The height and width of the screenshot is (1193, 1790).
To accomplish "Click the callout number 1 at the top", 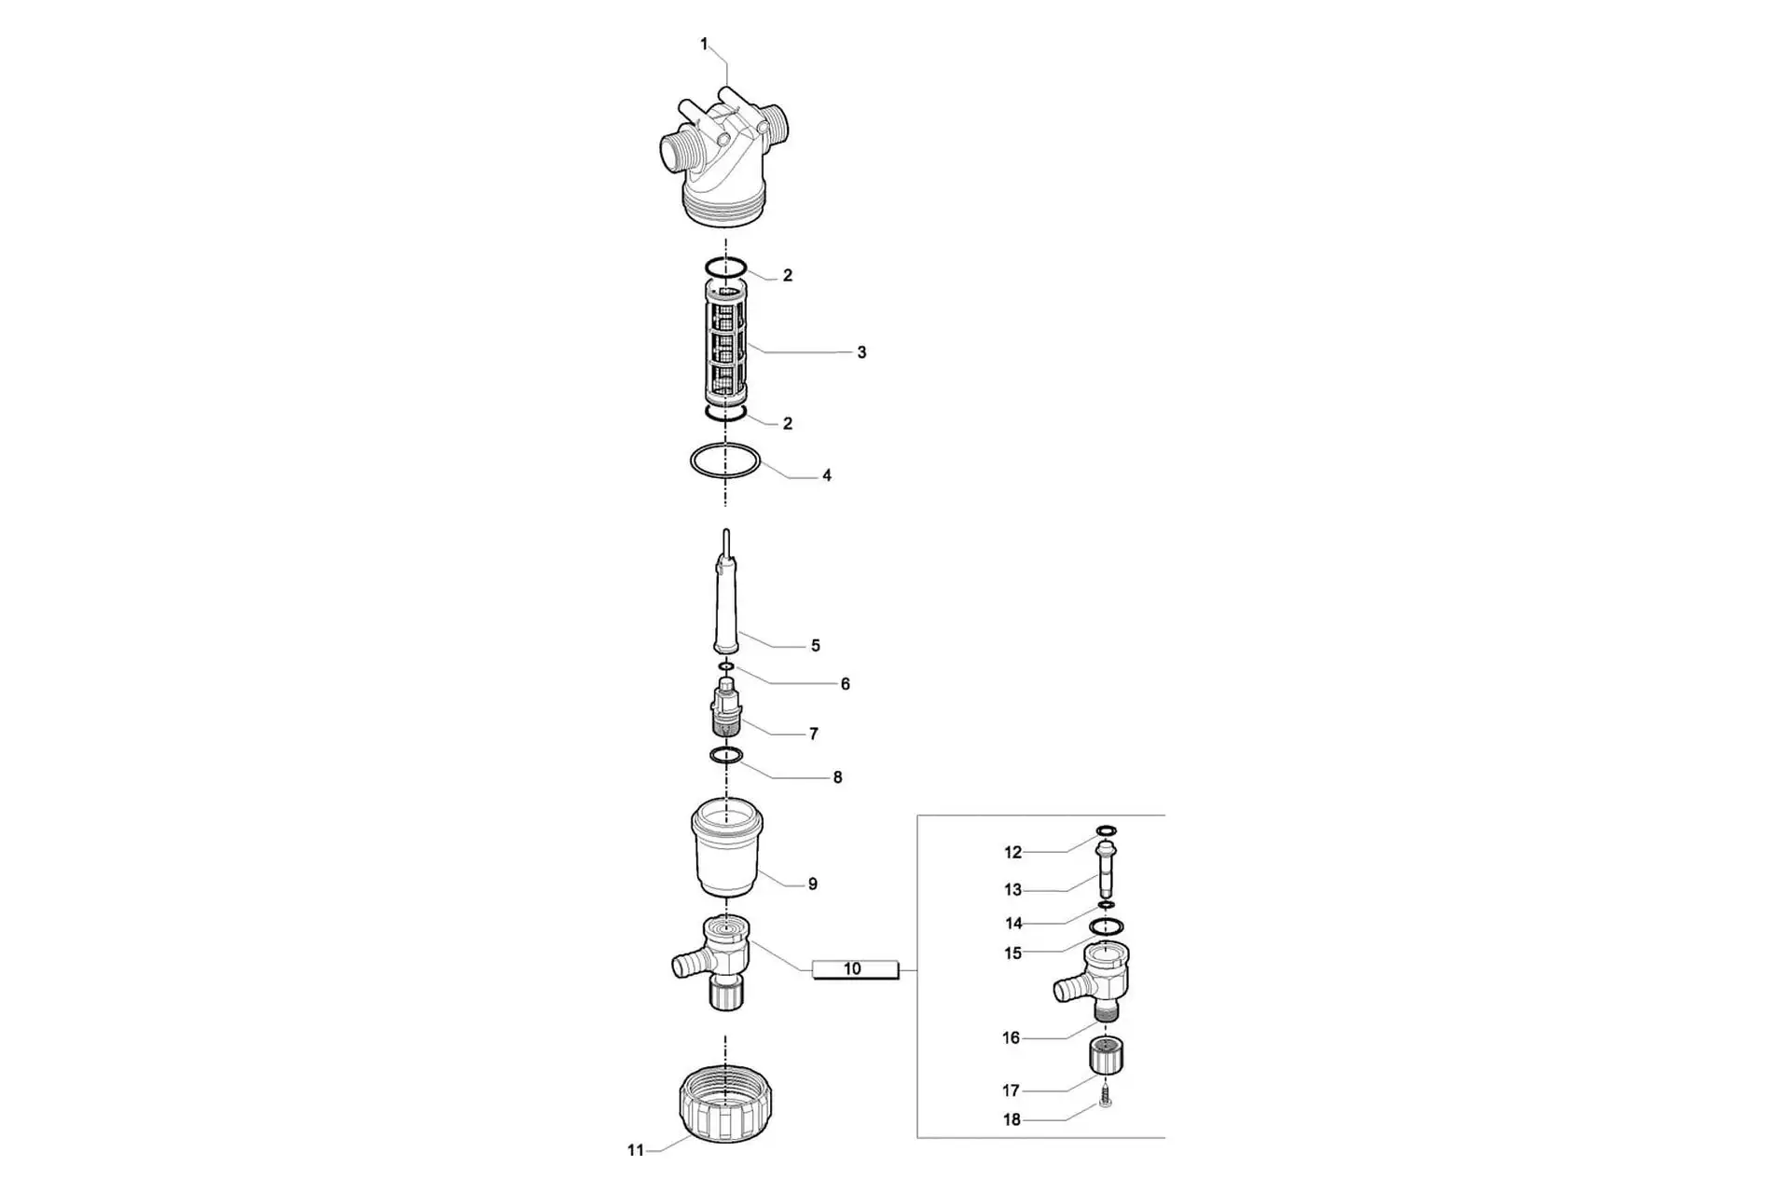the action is [704, 44].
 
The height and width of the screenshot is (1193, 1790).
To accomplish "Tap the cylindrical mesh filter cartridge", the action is [725, 347].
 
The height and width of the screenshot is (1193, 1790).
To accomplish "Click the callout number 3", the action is [861, 352].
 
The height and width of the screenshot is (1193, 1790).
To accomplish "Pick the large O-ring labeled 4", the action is [725, 447].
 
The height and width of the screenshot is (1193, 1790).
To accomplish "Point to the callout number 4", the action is [826, 475].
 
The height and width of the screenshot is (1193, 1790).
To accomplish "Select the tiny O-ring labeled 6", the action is [726, 666].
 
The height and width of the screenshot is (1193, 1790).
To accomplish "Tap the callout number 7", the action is [813, 734].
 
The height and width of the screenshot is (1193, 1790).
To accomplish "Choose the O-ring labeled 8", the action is [726, 754].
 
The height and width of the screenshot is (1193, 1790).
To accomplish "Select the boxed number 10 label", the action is [855, 969].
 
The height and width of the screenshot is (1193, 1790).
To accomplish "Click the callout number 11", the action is [635, 1150].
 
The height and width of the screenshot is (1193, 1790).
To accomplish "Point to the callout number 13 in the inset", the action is [1012, 890].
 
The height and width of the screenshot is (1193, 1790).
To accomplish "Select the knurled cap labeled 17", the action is [1106, 1057].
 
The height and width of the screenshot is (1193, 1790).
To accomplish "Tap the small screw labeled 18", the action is [1106, 1095].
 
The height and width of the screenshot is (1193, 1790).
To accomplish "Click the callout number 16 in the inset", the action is [1012, 1037].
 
